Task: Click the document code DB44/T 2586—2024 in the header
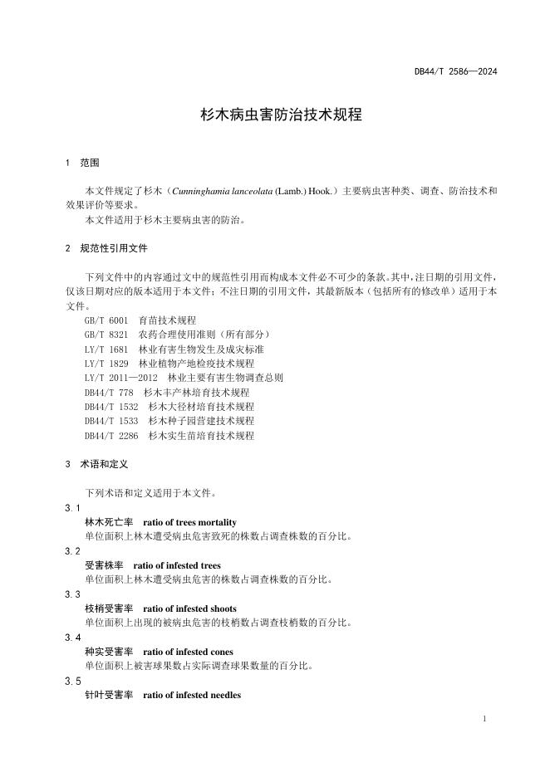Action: click(455, 71)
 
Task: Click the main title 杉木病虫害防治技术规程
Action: click(281, 115)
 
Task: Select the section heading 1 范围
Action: click(82, 163)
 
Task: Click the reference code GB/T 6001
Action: click(106, 320)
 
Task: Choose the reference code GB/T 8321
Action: click(106, 335)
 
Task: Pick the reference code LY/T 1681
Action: click(106, 349)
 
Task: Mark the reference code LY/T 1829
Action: click(106, 363)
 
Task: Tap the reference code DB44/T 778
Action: click(109, 392)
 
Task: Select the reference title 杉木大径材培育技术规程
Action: click(201, 407)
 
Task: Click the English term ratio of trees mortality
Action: click(189, 522)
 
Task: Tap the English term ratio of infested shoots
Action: click(189, 608)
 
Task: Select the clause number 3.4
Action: click(72, 638)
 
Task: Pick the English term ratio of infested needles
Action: click(192, 695)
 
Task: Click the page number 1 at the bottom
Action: click(484, 718)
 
